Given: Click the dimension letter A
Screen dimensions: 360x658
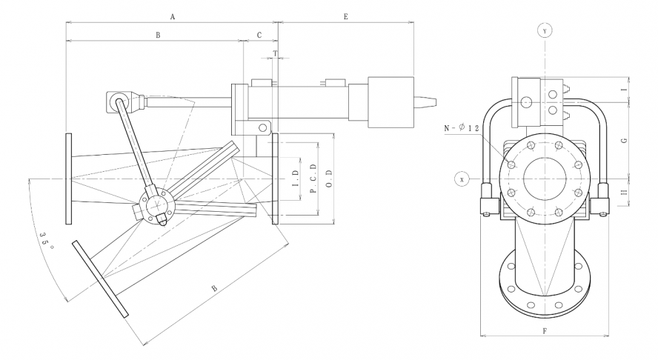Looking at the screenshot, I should [x=172, y=16].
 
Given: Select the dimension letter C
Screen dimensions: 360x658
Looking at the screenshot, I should [x=259, y=35].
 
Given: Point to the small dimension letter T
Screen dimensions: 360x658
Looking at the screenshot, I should [x=276, y=53].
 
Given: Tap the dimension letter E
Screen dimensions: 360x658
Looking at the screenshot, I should [x=346, y=16].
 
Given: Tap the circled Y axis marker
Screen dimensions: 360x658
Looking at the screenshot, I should [x=545, y=30].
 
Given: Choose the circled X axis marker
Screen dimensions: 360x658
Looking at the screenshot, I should [x=462, y=179].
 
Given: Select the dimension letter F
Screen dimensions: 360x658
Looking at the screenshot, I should [x=545, y=330].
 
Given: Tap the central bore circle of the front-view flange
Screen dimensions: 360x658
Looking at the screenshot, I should [x=545, y=179].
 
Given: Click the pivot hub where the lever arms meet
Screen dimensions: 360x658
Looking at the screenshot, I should [x=156, y=202].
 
